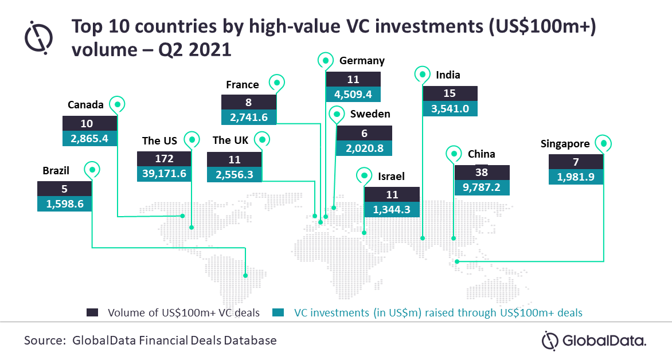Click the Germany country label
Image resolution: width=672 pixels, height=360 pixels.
coord(362,61)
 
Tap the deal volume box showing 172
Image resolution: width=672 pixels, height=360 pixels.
coord(164,159)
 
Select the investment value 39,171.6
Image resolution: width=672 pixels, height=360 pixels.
coord(164,174)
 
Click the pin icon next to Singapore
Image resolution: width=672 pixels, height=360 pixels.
coord(603,144)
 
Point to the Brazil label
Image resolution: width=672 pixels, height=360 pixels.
coord(56,171)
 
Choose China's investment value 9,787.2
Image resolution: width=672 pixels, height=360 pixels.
coord(482,187)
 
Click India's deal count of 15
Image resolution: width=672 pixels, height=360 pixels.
coord(450,93)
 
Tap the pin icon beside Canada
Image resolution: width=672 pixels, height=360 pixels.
coord(117,104)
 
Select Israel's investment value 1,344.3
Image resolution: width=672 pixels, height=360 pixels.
coord(392,210)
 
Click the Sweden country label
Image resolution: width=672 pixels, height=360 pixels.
coord(370,114)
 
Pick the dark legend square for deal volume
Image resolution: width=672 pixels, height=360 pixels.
coord(92,312)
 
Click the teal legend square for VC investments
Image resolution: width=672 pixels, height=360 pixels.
coord(278,312)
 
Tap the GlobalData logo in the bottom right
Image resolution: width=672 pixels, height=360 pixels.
coord(594,341)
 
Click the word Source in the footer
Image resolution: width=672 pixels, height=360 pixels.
coord(45,341)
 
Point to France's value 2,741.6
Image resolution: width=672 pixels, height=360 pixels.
coord(249,117)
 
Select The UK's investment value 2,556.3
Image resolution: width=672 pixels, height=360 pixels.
coord(235,174)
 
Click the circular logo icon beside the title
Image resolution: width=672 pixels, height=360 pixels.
coord(38,38)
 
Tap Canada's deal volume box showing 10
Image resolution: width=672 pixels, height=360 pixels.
coord(89,123)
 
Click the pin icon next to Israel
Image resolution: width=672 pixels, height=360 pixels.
coord(364,176)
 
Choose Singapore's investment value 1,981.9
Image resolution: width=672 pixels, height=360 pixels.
coord(576,177)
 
